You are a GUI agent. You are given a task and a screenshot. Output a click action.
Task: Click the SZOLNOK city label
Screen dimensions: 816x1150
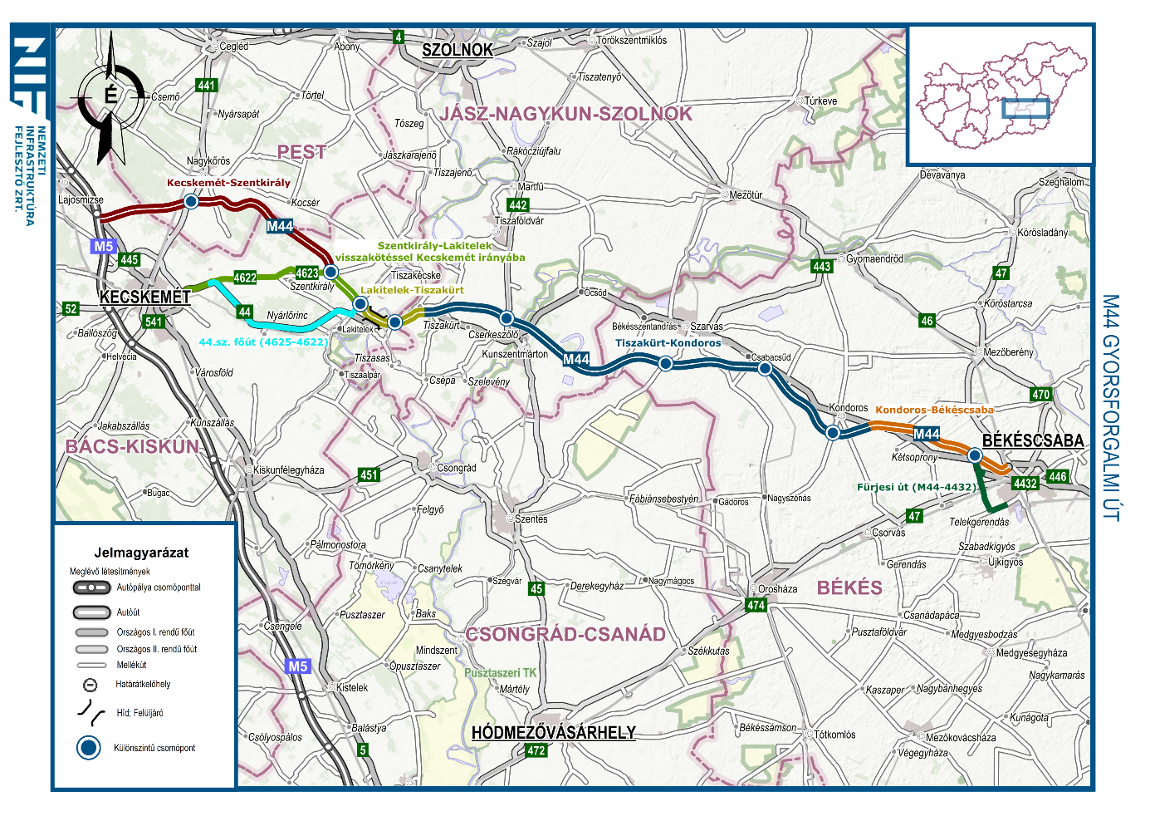[x=458, y=50]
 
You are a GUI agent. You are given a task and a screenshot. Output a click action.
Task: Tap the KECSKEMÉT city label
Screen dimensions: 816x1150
[x=145, y=297]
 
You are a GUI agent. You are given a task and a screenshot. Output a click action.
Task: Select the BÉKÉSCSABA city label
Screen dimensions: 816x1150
[x=1033, y=440]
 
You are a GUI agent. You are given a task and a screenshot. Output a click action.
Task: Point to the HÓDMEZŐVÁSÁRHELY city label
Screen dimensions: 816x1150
[x=554, y=733]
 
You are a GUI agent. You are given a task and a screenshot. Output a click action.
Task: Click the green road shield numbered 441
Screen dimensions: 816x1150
[x=206, y=86]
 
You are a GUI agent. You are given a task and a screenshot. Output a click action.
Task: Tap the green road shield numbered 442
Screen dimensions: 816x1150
[x=518, y=205]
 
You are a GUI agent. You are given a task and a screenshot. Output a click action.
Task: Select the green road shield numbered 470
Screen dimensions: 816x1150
[x=1040, y=395]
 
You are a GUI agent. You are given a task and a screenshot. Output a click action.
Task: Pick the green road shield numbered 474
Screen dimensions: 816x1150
[x=756, y=605]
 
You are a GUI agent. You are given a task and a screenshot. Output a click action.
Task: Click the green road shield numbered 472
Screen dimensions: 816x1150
[x=536, y=750]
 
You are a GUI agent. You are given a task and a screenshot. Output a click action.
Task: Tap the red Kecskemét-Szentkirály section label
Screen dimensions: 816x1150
[x=228, y=183]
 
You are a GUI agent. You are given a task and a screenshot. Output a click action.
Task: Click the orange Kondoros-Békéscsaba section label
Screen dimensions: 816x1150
[x=934, y=410]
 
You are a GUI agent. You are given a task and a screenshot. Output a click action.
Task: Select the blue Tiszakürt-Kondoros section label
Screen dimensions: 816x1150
[x=668, y=342]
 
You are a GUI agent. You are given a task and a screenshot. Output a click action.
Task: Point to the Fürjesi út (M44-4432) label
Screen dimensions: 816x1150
[x=916, y=487]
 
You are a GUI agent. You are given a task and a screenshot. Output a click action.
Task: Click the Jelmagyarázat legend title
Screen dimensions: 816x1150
[x=141, y=553]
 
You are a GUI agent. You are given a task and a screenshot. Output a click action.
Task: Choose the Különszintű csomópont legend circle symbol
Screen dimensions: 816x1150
[x=89, y=748]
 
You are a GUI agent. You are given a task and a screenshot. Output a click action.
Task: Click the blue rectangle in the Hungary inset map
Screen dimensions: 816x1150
[x=1025, y=108]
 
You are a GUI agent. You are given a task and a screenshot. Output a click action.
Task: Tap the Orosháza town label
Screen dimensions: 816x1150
[x=777, y=589]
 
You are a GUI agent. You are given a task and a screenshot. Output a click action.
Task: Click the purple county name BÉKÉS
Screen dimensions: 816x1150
[x=849, y=587]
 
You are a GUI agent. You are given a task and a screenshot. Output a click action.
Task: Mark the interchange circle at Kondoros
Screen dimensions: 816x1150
[x=833, y=432]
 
